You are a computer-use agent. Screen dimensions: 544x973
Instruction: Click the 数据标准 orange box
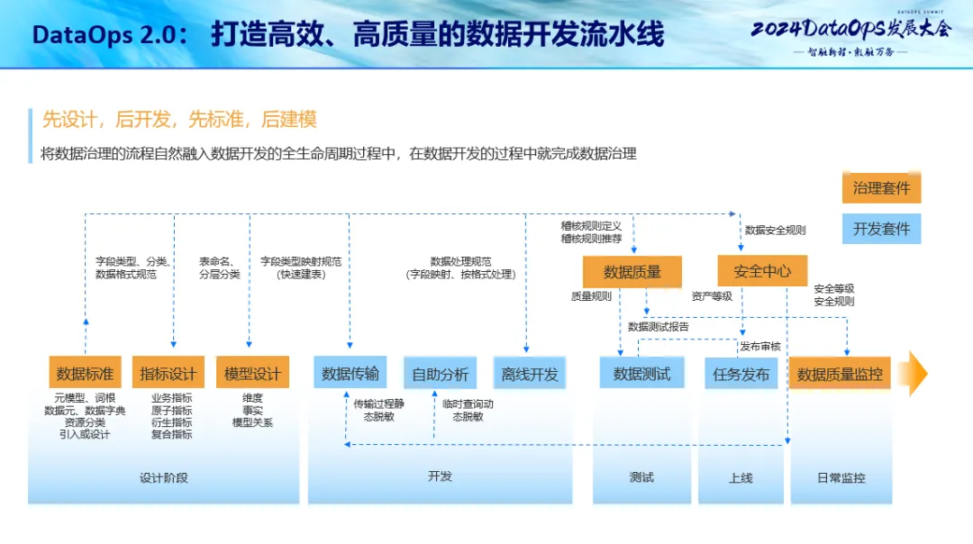[x=85, y=373]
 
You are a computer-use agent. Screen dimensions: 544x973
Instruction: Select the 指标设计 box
[x=168, y=373]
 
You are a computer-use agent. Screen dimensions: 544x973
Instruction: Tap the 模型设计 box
[x=252, y=373]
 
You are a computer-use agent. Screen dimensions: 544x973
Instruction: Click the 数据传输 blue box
[x=350, y=373]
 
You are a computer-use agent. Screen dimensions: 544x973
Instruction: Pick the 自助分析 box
[x=440, y=373]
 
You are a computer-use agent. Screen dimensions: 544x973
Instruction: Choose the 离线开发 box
[x=530, y=373]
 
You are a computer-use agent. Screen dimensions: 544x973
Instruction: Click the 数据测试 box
[x=641, y=373]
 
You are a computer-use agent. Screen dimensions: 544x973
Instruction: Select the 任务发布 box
[x=741, y=373]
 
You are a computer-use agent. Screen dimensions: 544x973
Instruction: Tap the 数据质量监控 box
[x=840, y=373]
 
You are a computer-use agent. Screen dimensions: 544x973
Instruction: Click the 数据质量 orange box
[x=632, y=271]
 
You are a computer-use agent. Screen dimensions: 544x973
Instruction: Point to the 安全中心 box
[x=762, y=270]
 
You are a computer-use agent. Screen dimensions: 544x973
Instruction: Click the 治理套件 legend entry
[x=881, y=187]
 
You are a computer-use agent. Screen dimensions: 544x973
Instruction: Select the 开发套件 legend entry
[x=881, y=228]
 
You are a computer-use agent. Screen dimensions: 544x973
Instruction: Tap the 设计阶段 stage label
[x=164, y=477]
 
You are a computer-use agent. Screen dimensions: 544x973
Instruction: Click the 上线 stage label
[x=741, y=477]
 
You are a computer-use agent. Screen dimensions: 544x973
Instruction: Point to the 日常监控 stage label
[x=840, y=477]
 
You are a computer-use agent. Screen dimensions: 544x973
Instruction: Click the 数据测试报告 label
[x=659, y=327]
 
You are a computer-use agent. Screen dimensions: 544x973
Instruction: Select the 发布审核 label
[x=760, y=346]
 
